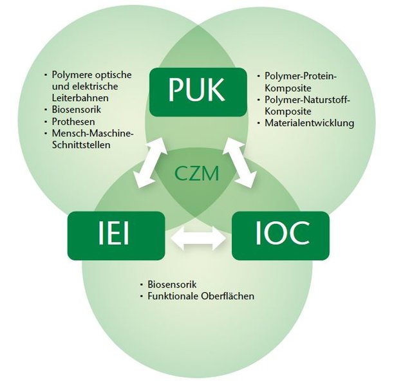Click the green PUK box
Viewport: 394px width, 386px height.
pos(198,92)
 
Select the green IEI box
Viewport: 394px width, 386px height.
pos(116,236)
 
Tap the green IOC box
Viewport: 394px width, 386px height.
pos(281,236)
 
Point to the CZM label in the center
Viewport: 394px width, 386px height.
pos(197,174)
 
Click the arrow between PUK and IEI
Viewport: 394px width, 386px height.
pos(151,163)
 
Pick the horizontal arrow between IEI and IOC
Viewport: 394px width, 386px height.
pos(198,239)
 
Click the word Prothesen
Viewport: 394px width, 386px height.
pos(73,122)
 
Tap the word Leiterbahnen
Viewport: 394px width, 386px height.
pos(80,98)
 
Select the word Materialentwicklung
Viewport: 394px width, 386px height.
pos(309,123)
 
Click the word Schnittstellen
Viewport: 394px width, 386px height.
pos(81,145)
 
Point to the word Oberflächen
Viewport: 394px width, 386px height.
pos(228,296)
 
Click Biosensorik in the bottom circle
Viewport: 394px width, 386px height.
pos(172,284)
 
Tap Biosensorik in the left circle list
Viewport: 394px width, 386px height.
pos(77,109)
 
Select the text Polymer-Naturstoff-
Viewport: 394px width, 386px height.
pos(308,100)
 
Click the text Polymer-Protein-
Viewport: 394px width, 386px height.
pos(301,76)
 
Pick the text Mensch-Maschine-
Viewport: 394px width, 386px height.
pos(93,133)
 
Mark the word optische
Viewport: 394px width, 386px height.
pos(114,75)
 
